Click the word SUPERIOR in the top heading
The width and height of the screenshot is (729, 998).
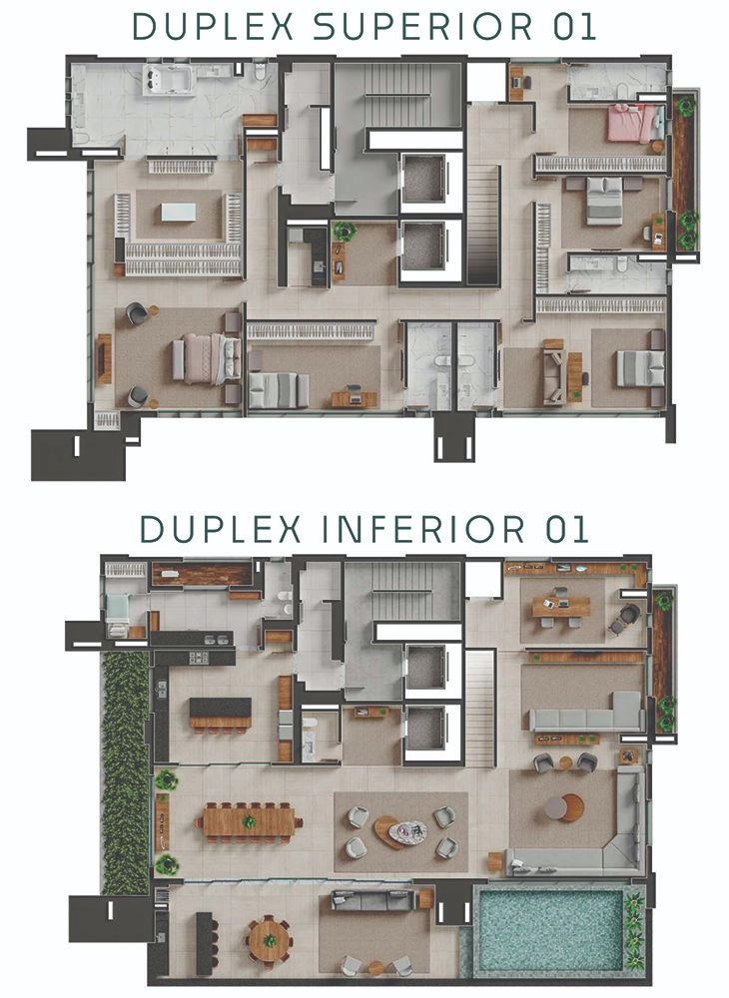point(422,27)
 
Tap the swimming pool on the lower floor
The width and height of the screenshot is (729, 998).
point(550,929)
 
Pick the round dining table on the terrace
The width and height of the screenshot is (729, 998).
point(270,940)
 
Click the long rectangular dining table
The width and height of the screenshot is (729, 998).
point(249,822)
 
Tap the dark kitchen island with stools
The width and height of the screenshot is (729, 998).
point(221,714)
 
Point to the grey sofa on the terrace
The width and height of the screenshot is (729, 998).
point(373,899)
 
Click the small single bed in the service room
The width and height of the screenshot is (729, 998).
point(119,614)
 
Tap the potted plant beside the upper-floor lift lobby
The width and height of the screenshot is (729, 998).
point(345,231)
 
